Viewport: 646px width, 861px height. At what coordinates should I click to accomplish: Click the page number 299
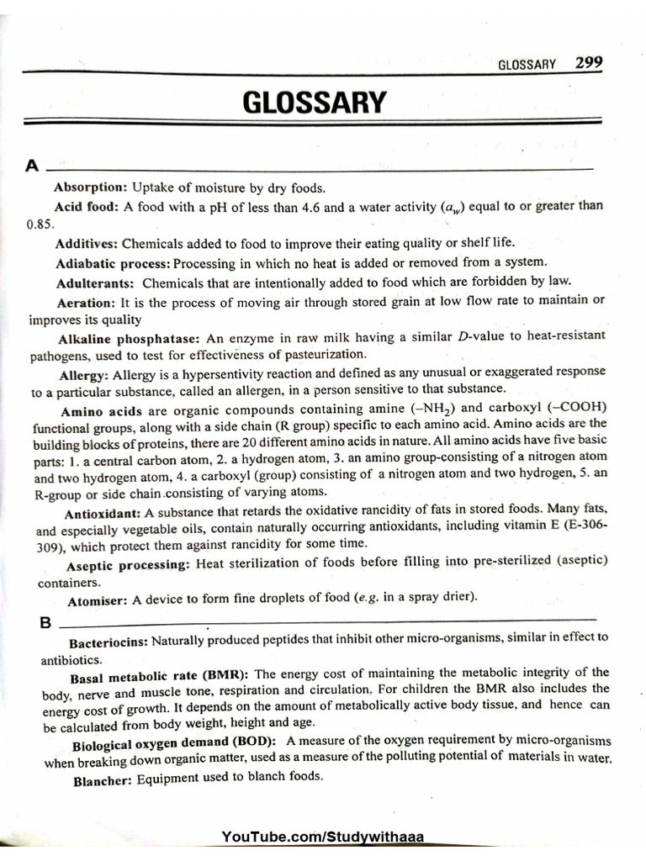589,64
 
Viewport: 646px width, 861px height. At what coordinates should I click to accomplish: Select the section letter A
33,166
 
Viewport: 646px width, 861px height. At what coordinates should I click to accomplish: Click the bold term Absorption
90,188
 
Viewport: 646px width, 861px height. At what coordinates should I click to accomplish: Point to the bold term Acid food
87,207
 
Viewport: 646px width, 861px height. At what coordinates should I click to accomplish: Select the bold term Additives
87,244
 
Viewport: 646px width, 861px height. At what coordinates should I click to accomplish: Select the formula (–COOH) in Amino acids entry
577,409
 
